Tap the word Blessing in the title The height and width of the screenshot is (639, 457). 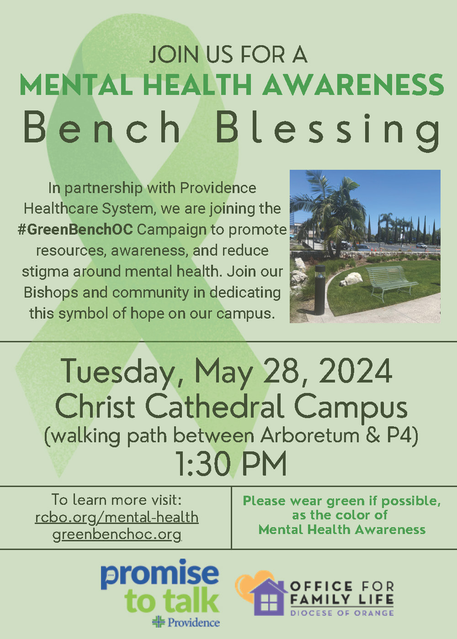[x=328, y=132]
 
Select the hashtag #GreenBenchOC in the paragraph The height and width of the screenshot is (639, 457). [x=75, y=230]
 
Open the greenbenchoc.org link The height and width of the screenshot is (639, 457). [x=117, y=534]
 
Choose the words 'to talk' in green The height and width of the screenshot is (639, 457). [x=171, y=600]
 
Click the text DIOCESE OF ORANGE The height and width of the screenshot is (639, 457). [x=342, y=613]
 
